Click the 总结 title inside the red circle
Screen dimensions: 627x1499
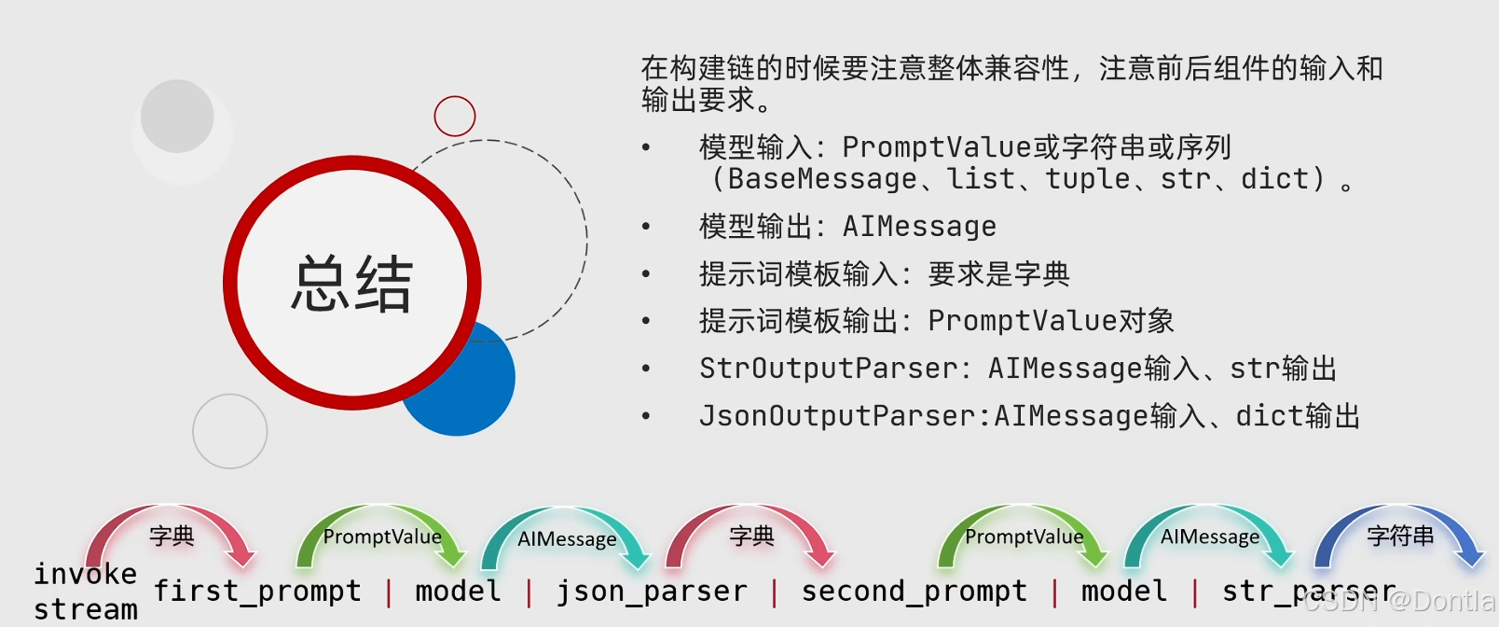click(351, 284)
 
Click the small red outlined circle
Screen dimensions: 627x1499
click(455, 117)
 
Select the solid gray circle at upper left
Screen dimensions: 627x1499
click(177, 117)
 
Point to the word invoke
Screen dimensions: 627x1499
click(86, 573)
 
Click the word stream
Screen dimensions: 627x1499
click(86, 609)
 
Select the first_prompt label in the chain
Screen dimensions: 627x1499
click(257, 591)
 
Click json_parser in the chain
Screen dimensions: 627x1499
click(652, 591)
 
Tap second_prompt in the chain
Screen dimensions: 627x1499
click(914, 591)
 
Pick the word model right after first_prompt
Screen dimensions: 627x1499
click(458, 591)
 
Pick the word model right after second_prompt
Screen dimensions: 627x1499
click(1123, 591)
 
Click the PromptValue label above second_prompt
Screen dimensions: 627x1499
click(1024, 536)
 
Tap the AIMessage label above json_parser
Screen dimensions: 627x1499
click(567, 539)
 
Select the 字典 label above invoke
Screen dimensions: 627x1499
click(172, 536)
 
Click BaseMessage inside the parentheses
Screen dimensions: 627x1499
click(822, 178)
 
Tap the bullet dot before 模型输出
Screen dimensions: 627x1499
click(646, 227)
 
